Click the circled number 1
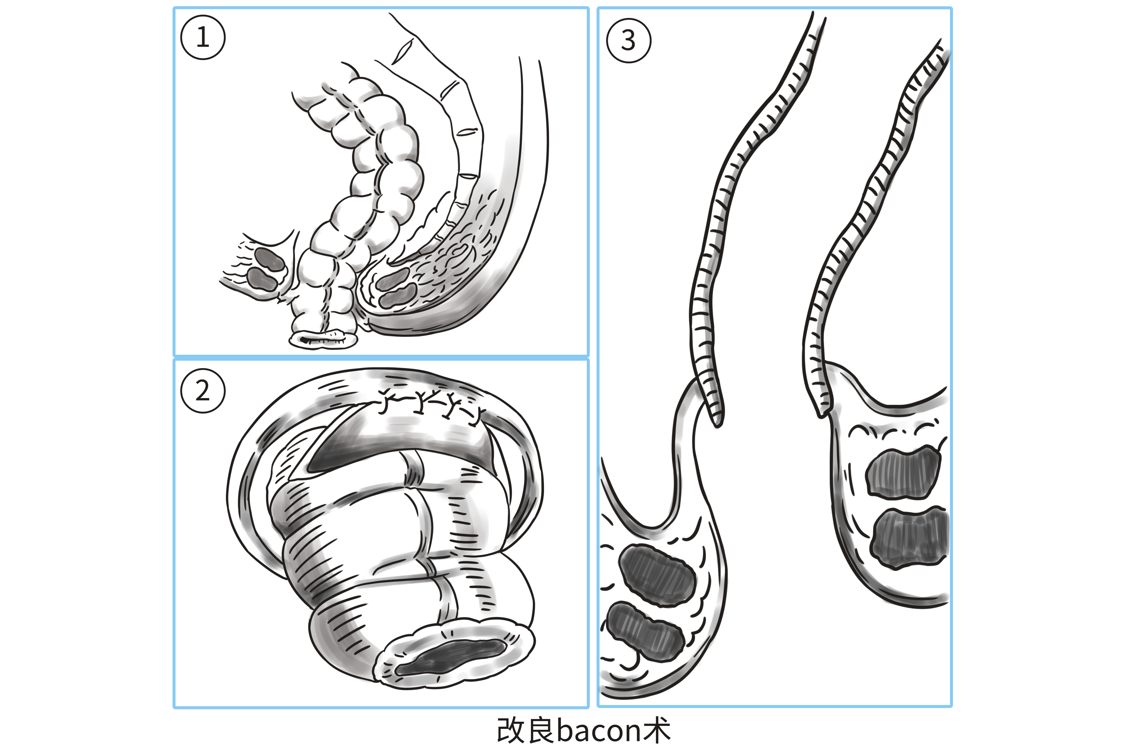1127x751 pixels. tap(203, 37)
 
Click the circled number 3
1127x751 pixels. tap(628, 40)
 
